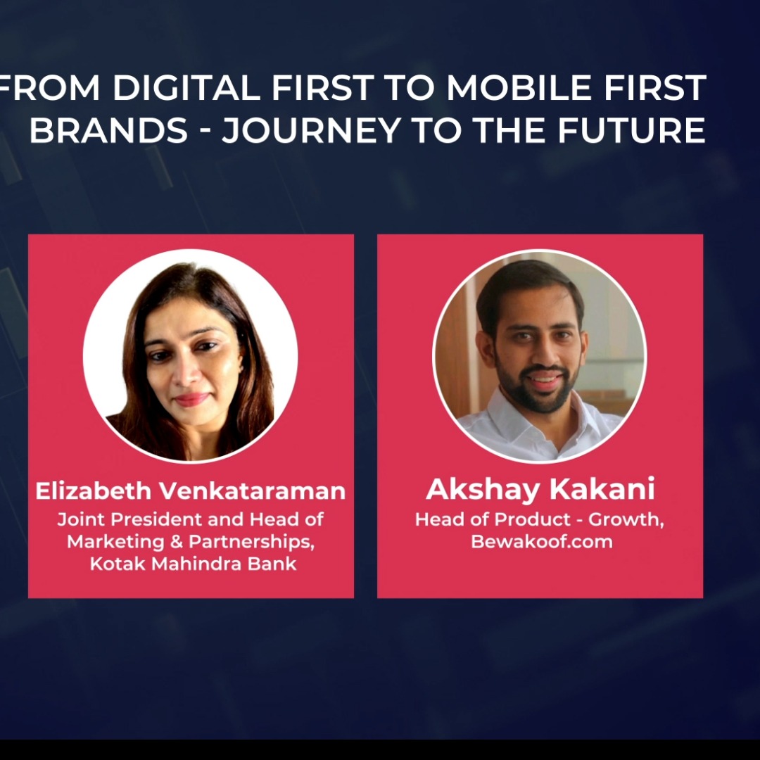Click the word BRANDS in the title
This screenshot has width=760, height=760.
pyautogui.click(x=108, y=130)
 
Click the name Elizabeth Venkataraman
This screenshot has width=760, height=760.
pyautogui.click(x=191, y=491)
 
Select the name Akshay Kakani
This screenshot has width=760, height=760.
pyautogui.click(x=540, y=490)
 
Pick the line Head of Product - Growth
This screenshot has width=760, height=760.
pyautogui.click(x=540, y=520)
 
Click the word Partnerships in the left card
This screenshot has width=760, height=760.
pyautogui.click(x=251, y=543)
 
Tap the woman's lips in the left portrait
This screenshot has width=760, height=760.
pyautogui.click(x=191, y=400)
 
